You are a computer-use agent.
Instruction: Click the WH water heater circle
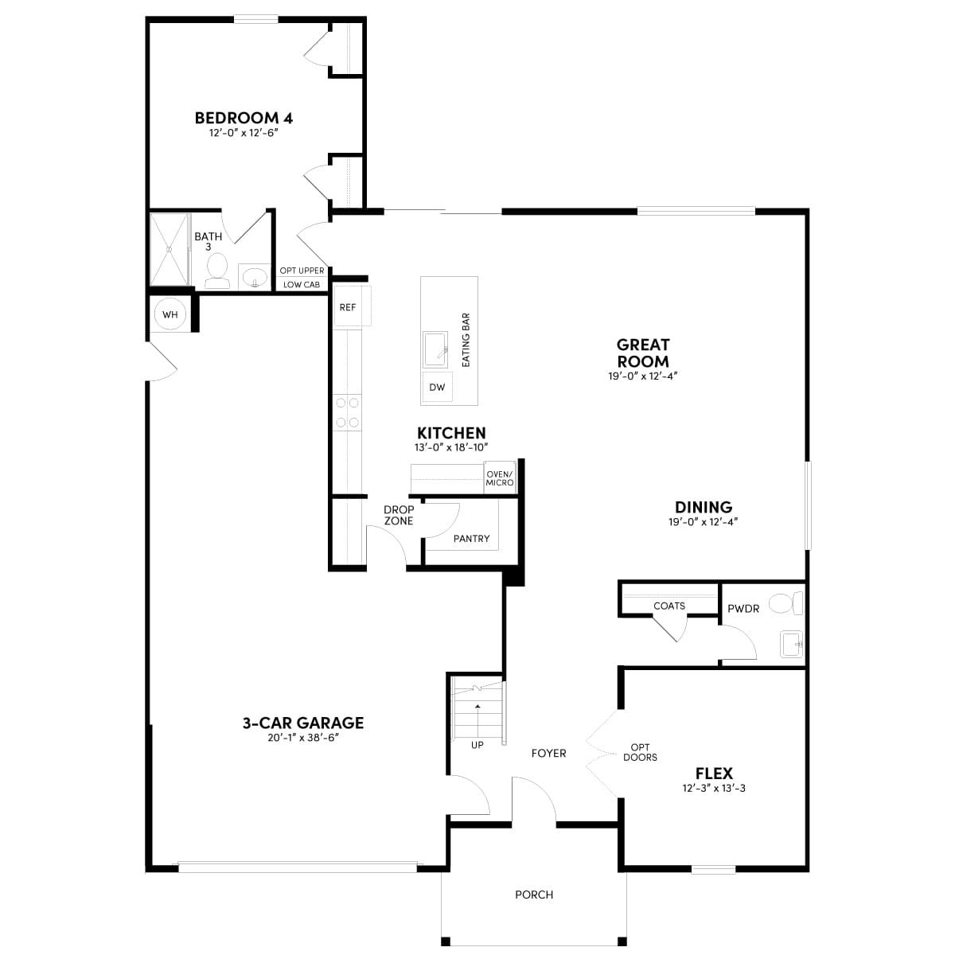(170, 314)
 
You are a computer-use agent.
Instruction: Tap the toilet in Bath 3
(217, 271)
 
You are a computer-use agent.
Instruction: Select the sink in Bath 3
(254, 276)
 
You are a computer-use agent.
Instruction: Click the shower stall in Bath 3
(170, 249)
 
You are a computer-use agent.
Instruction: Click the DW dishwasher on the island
(437, 387)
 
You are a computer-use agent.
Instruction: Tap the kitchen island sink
(435, 349)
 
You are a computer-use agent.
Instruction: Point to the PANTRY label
(471, 538)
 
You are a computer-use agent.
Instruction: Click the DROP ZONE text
(399, 515)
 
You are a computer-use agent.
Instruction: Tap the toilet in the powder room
(786, 602)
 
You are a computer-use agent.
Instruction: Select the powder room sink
(791, 644)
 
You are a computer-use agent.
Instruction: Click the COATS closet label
(669, 606)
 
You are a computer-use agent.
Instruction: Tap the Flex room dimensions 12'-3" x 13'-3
(714, 788)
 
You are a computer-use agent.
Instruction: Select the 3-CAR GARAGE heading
(302, 723)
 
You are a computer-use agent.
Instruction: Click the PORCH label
(534, 895)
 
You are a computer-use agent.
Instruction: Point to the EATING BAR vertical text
(466, 340)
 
